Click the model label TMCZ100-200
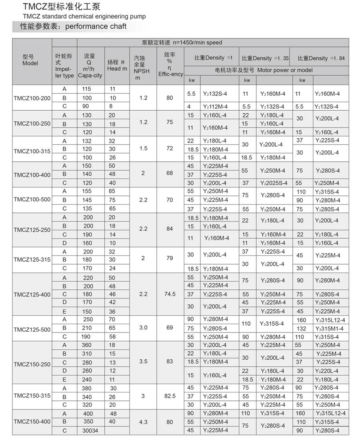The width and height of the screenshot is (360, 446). [x=32, y=98]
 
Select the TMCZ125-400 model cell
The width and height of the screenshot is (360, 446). [x=32, y=295]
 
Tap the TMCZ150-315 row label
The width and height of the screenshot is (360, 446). [x=32, y=396]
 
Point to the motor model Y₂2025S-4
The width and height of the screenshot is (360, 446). [x=273, y=183]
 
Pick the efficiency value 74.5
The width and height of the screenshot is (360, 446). [x=170, y=295]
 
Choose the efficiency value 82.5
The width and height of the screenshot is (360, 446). [x=170, y=396]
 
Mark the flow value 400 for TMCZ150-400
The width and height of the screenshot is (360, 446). [x=88, y=414]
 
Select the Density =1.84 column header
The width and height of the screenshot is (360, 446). [x=321, y=58]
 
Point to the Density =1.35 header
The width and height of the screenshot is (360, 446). [x=265, y=58]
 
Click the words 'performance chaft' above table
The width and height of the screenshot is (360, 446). [x=96, y=26]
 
